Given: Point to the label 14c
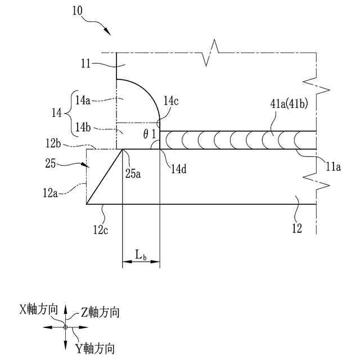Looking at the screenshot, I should (x=170, y=101).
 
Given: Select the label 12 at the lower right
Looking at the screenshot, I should (x=298, y=228).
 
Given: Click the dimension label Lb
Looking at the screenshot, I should (x=141, y=255).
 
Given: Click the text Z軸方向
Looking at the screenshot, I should (x=100, y=311).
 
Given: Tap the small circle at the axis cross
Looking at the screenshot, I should (x=65, y=327).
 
